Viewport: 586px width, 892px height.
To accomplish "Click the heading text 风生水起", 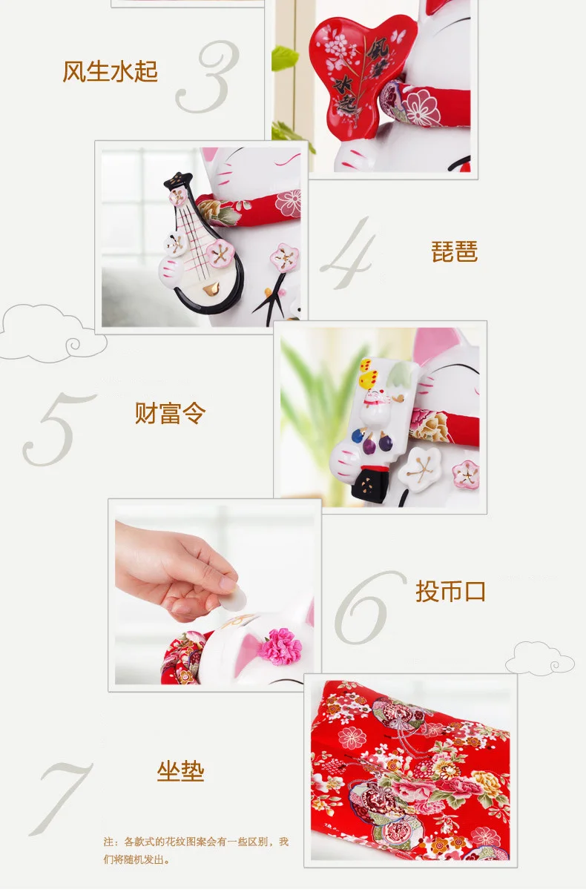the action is tap(110, 72).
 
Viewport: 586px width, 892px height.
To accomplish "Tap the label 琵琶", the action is tap(455, 251).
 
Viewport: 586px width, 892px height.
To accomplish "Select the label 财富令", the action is tap(170, 413).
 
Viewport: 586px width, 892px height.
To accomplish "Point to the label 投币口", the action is tap(450, 592).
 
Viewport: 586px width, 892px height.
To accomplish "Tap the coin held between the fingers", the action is tap(234, 598).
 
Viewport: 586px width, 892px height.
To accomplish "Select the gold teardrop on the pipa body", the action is tap(211, 289).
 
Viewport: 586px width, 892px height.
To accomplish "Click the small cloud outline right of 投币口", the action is tap(540, 658).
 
